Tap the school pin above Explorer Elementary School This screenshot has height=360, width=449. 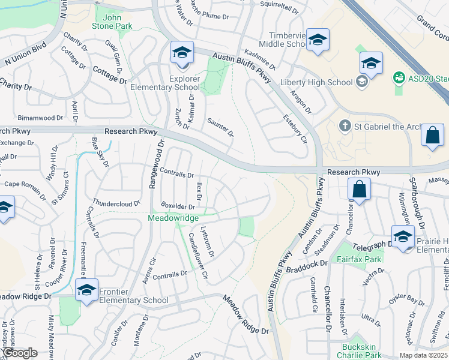[x=182, y=52]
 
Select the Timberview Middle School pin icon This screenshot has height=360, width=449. [x=318, y=40]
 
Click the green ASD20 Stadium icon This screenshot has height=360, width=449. [x=397, y=78]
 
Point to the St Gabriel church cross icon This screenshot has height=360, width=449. [x=345, y=126]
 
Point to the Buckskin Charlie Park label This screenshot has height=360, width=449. [x=362, y=351]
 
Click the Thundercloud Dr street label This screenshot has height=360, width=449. [x=117, y=203]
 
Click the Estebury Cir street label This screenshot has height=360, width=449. [x=295, y=128]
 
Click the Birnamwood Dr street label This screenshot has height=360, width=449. [x=41, y=118]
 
